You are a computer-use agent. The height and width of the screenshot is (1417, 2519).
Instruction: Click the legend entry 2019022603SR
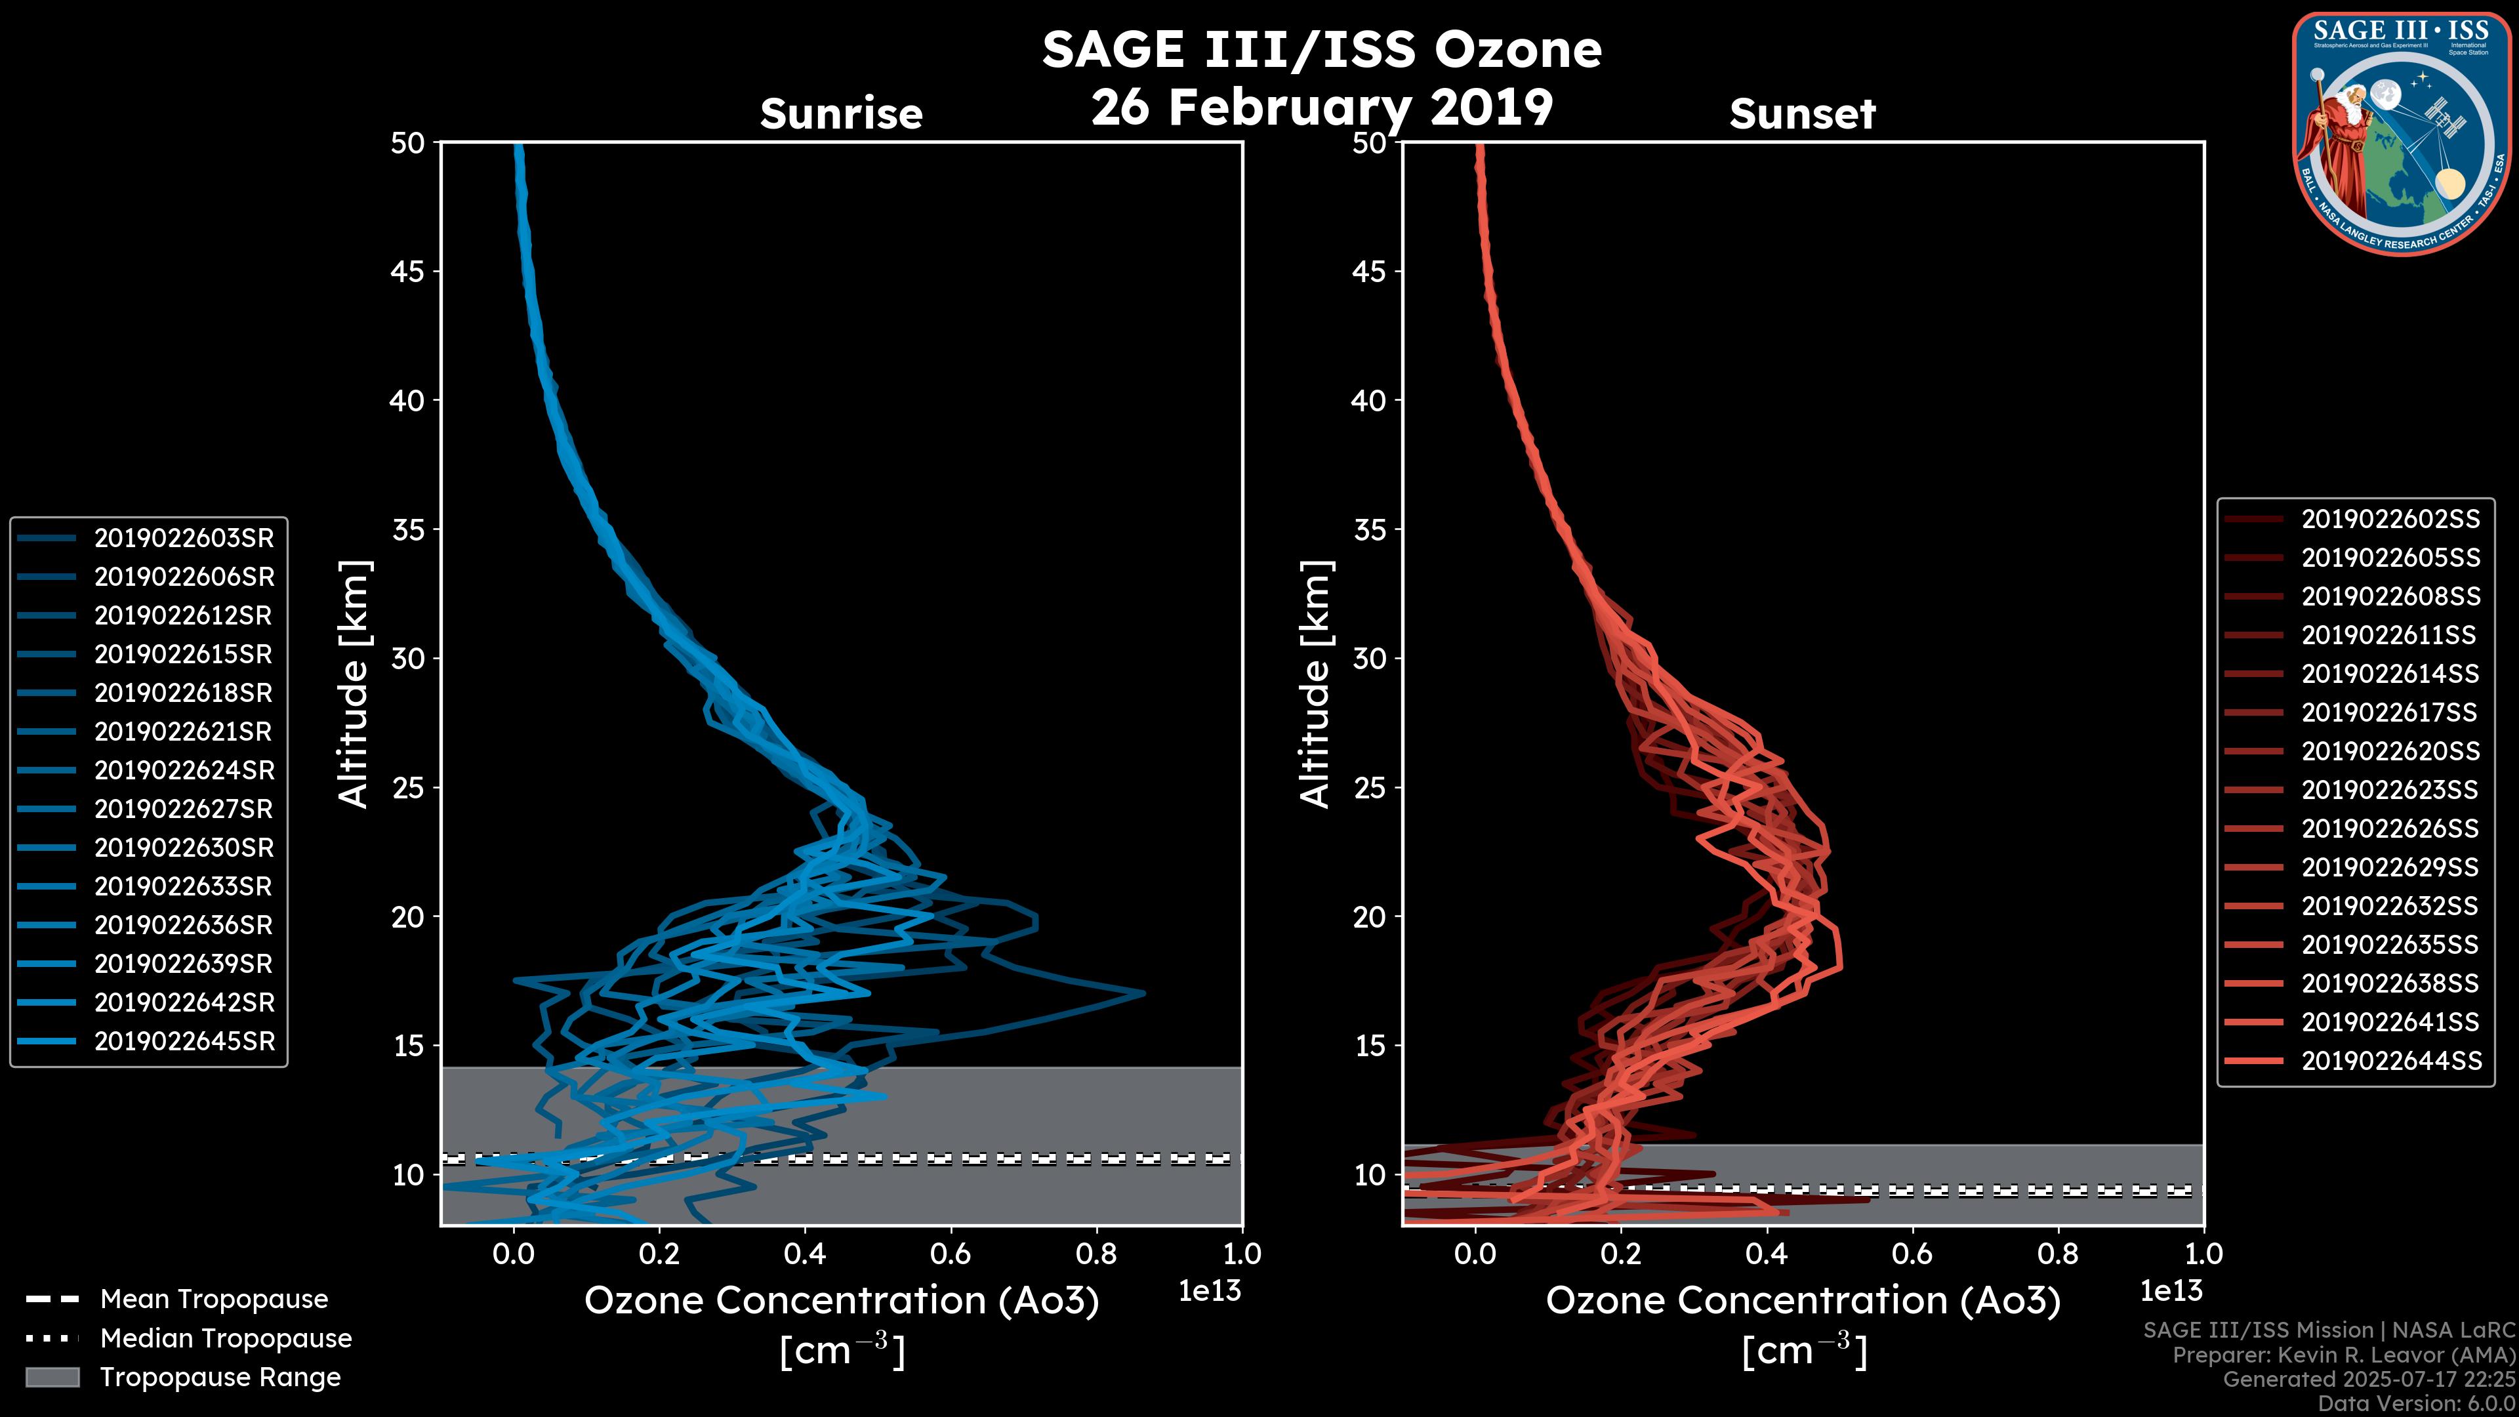(184, 538)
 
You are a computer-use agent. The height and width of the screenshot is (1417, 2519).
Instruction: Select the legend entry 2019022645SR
(184, 1042)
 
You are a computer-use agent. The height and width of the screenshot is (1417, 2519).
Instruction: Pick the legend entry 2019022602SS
(2390, 520)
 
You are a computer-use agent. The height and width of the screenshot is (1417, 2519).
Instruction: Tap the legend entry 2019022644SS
(2390, 1061)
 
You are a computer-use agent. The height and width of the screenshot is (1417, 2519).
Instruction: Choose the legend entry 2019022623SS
(2390, 790)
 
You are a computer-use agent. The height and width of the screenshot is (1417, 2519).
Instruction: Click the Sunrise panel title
(841, 114)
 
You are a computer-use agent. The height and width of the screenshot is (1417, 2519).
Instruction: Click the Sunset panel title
(1802, 114)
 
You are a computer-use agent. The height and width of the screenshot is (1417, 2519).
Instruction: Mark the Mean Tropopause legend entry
(213, 1300)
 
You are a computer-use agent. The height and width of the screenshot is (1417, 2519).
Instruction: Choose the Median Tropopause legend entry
(225, 1339)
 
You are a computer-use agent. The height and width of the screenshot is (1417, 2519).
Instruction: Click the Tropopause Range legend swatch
(52, 1377)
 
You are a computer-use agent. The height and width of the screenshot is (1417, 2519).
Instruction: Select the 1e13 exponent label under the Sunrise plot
(1210, 1291)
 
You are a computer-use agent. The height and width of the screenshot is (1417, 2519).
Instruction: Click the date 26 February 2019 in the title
(1322, 108)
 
